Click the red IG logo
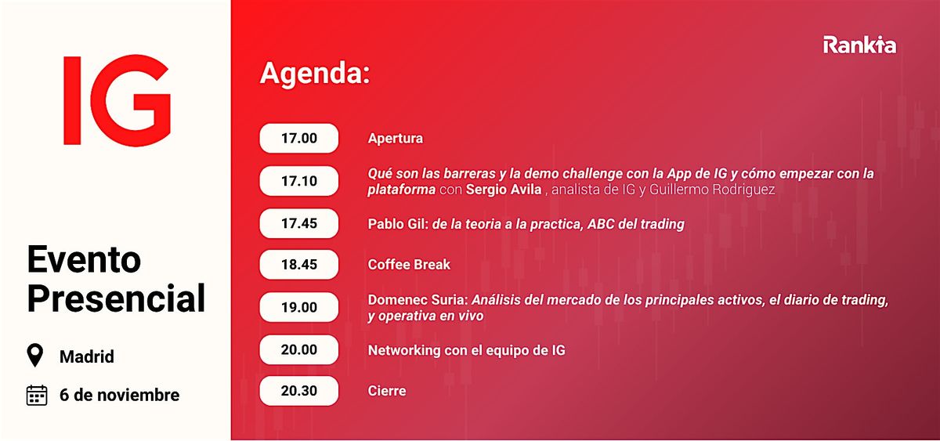116,100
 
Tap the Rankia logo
859,45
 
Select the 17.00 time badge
299,139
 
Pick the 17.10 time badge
299,181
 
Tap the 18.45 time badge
299,265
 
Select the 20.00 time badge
299,350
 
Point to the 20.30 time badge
299,390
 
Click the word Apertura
395,139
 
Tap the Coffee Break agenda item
409,265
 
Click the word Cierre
387,390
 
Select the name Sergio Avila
502,190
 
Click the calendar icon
37,395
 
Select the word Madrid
87,357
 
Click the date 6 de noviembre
119,395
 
